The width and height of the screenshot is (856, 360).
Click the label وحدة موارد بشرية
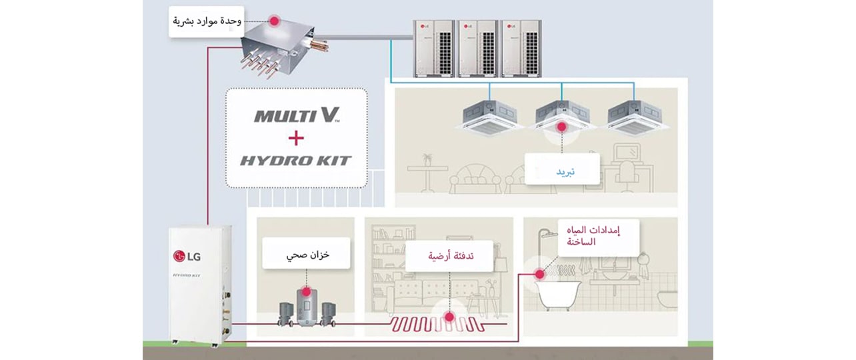[206, 21]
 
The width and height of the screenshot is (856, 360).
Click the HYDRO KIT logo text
[295, 161]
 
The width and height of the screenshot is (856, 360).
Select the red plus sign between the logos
[296, 138]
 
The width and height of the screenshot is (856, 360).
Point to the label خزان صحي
[306, 254]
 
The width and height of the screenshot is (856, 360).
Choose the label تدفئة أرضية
[449, 255]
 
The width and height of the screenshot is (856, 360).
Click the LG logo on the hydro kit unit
[187, 255]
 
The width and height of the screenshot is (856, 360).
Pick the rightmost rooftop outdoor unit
[521, 49]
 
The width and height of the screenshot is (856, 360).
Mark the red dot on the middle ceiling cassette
[561, 126]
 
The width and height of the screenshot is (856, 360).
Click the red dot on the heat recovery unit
[273, 21]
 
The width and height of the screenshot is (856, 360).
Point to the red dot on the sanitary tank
[306, 291]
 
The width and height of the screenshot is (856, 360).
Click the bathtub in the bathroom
[559, 293]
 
